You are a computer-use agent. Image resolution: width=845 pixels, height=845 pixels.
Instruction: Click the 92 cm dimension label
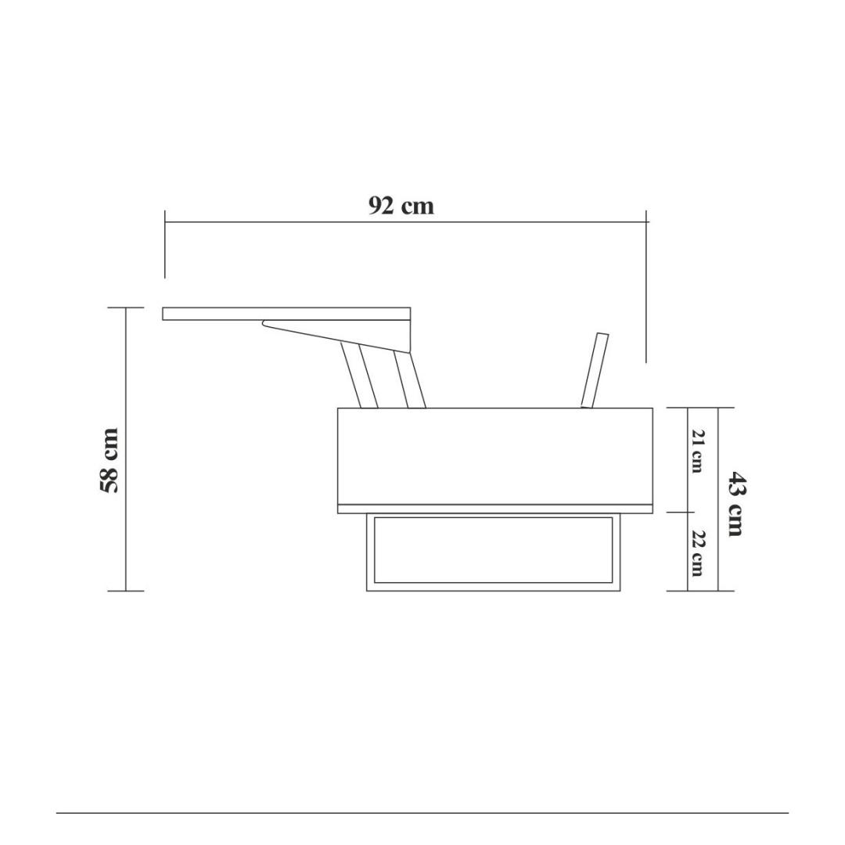click(401, 206)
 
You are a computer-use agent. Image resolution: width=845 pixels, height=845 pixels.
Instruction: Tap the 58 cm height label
click(109, 460)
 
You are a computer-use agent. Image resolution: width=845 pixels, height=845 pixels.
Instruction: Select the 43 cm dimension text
click(735, 504)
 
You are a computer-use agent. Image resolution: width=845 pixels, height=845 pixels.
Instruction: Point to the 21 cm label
click(697, 451)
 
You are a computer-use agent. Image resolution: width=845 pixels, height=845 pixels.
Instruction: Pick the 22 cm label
click(697, 553)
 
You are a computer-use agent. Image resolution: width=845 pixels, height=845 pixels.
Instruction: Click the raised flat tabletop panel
click(286, 314)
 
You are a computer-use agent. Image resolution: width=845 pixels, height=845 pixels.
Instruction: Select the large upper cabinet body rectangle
click(495, 456)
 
